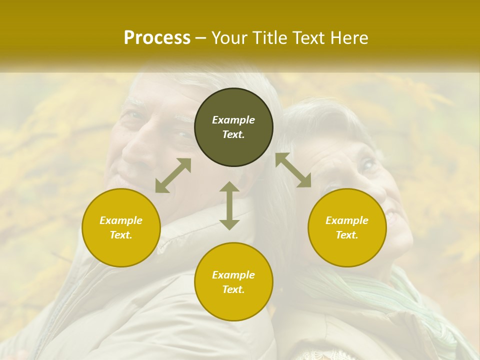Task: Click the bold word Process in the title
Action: pos(157,38)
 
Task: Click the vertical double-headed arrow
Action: pos(229,205)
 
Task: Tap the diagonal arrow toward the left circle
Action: pos(173,175)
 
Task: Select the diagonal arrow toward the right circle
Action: pos(293,170)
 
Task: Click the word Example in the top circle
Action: pos(233,120)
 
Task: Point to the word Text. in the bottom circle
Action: pos(233,289)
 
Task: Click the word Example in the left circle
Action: pos(121,220)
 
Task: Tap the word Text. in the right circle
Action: pos(347,235)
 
